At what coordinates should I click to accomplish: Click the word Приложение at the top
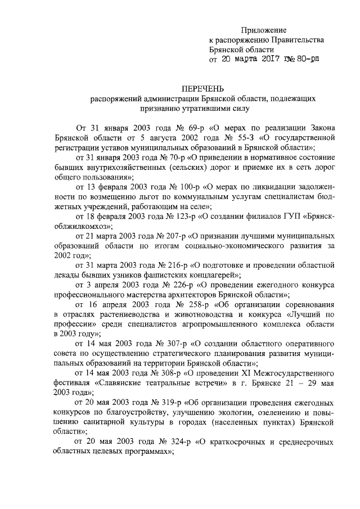pos(264,29)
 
